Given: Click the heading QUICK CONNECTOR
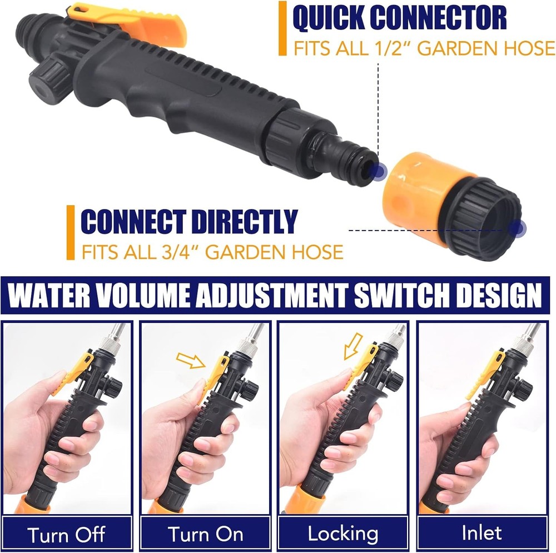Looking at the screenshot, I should (x=399, y=18).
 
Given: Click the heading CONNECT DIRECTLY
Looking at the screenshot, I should (x=189, y=222).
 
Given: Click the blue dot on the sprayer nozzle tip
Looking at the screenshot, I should (x=378, y=171).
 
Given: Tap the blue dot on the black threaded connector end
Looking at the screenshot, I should (x=518, y=227).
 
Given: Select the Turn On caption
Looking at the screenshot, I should (x=205, y=535).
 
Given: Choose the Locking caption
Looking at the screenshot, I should (x=343, y=534).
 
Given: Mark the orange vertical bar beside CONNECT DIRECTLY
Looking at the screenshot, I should (x=70, y=232).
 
